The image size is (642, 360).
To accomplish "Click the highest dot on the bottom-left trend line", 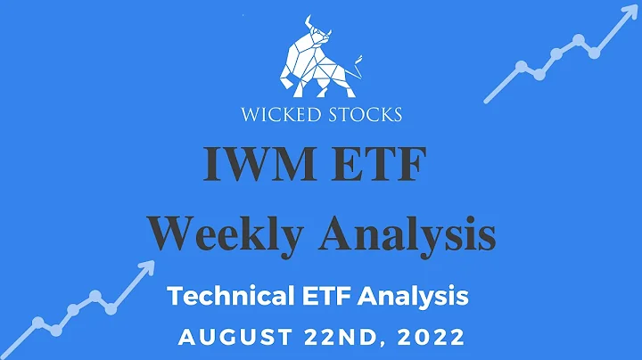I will [x=94, y=295].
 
